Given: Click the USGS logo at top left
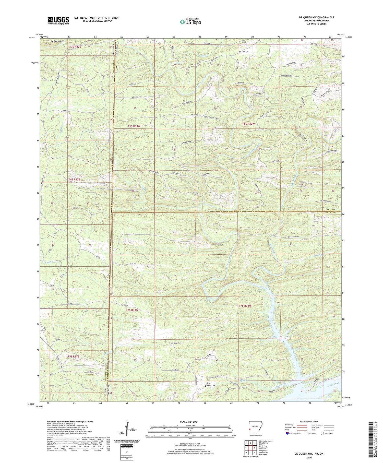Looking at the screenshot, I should coord(58,20).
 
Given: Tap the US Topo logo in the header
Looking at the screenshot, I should coord(190,22).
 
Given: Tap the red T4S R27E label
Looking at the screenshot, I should coord(74,180).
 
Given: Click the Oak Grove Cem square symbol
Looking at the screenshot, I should coord(171,346).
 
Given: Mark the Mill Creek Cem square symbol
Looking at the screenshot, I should coord(206,386).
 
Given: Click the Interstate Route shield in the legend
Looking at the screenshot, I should coord(288,433).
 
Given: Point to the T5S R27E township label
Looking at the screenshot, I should coord(74,356).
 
